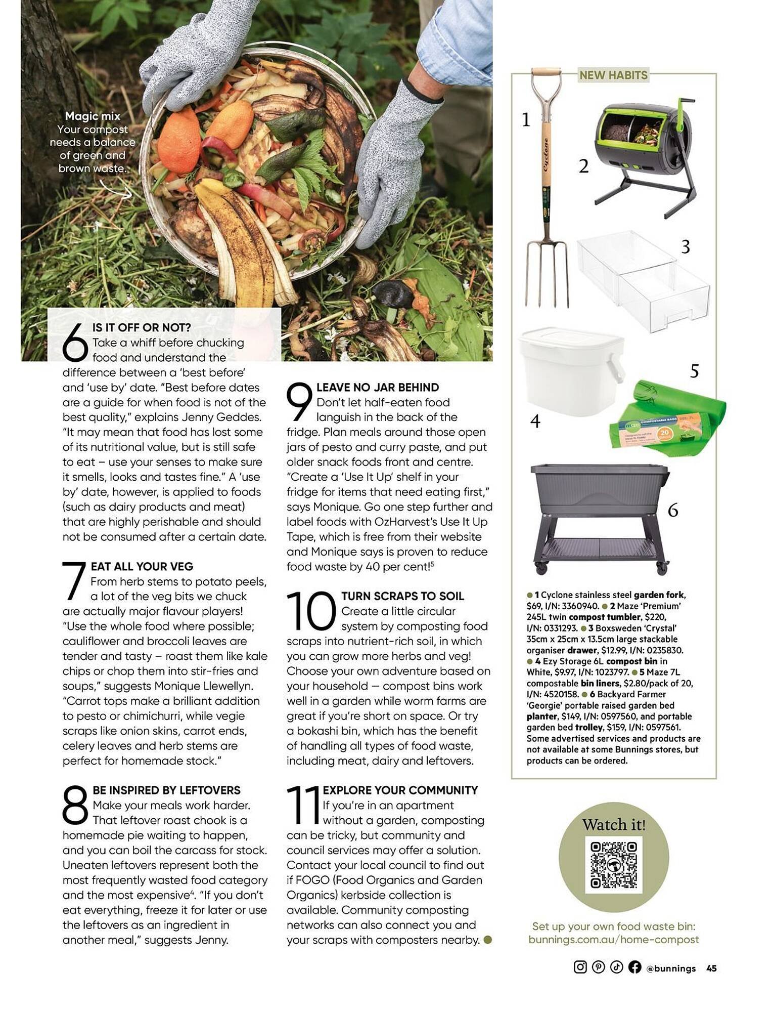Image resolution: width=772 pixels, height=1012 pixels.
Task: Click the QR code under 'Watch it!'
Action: click(x=613, y=865)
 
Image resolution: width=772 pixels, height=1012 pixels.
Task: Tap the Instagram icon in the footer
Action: click(x=580, y=967)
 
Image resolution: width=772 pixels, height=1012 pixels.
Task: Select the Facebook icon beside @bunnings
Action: click(x=634, y=967)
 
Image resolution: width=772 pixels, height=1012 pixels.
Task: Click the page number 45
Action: click(x=711, y=968)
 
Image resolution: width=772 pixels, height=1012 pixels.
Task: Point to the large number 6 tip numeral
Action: click(x=75, y=343)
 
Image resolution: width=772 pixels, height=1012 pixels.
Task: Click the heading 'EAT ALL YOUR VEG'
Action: click(x=142, y=566)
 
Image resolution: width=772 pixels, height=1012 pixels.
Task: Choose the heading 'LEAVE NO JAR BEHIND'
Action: click(x=377, y=388)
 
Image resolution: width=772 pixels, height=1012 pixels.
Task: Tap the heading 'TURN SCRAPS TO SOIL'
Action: click(x=402, y=596)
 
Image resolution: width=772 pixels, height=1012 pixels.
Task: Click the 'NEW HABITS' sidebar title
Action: click(x=613, y=75)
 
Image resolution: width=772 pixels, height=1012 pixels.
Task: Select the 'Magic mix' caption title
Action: click(x=93, y=116)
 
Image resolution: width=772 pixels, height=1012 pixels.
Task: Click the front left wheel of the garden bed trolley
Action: click(x=541, y=568)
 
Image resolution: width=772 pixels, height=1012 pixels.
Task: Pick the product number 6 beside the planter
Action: click(x=672, y=510)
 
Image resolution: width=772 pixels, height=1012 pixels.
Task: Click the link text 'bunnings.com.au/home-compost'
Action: click(x=613, y=939)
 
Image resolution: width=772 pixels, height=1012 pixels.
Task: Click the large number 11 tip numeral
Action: click(x=303, y=805)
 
